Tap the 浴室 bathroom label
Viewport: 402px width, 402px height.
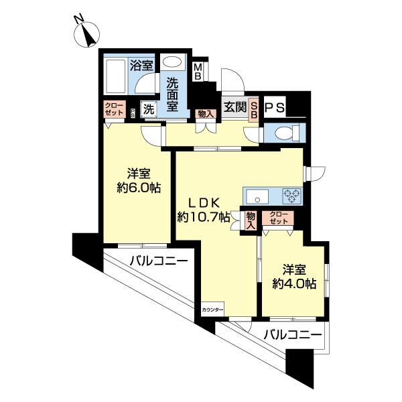[141, 66]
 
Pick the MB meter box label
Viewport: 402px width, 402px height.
[198, 71]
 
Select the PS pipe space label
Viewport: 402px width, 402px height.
[275, 107]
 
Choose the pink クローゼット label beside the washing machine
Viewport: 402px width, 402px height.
[112, 109]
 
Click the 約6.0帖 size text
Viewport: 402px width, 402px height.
[138, 188]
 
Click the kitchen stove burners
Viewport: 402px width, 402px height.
[292, 196]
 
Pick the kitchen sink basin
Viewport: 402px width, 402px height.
[257, 196]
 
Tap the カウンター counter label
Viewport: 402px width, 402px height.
[213, 309]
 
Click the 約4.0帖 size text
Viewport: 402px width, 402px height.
[295, 283]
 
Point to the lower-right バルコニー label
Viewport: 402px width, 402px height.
[292, 333]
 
